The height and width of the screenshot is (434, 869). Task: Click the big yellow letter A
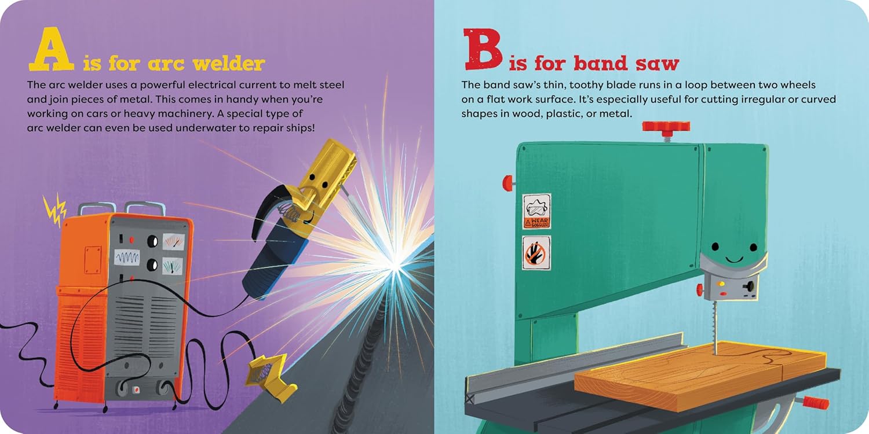point(51,49)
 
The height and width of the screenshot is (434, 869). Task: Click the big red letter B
point(483,49)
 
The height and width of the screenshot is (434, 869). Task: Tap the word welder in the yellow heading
point(229,63)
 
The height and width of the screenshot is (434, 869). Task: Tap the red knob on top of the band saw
point(666,127)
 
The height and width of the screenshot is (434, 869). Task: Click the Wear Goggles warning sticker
point(536,212)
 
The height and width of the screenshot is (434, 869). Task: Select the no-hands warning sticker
point(536,253)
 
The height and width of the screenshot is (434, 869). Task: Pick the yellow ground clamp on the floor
point(271,377)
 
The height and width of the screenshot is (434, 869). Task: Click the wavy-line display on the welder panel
point(127,257)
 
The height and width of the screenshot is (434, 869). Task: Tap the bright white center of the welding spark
point(395,266)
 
